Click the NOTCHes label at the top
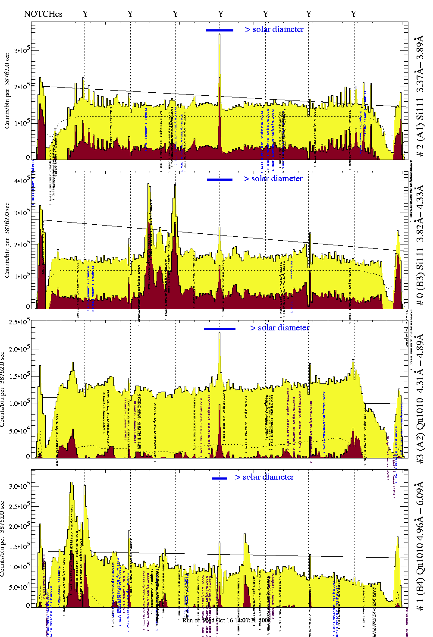(43, 14)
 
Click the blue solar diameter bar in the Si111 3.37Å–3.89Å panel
(220, 30)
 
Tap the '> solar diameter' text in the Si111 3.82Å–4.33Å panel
(273, 179)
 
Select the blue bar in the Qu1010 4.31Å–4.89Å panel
(220, 329)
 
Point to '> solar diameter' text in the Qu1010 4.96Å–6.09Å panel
(264, 477)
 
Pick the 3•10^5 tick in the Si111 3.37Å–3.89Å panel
(22, 50)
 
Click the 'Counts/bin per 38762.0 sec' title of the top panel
(7, 91)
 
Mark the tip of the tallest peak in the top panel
(220, 35)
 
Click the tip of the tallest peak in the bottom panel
(72, 483)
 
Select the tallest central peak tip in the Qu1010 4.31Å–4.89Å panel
(220, 333)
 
